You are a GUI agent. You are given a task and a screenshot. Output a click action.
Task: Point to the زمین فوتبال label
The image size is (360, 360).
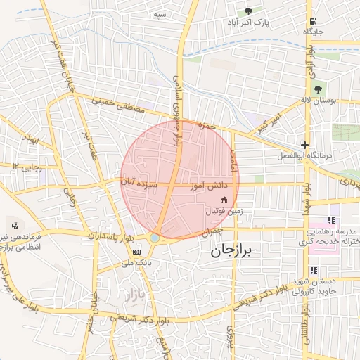pyautogui.click(x=224, y=210)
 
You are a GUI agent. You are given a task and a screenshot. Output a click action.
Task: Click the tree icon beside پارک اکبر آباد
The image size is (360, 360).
pyautogui.click(x=248, y=11)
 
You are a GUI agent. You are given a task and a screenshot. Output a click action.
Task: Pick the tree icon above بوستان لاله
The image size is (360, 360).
pyautogui.click(x=318, y=89)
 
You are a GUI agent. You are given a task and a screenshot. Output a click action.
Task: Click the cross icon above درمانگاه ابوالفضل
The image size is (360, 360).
pyautogui.click(x=304, y=143)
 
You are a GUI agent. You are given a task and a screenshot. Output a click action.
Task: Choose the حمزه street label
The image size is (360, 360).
pyautogui.click(x=205, y=126)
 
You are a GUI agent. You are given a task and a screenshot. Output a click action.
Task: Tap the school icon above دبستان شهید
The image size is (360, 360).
pyautogui.click(x=314, y=269)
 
